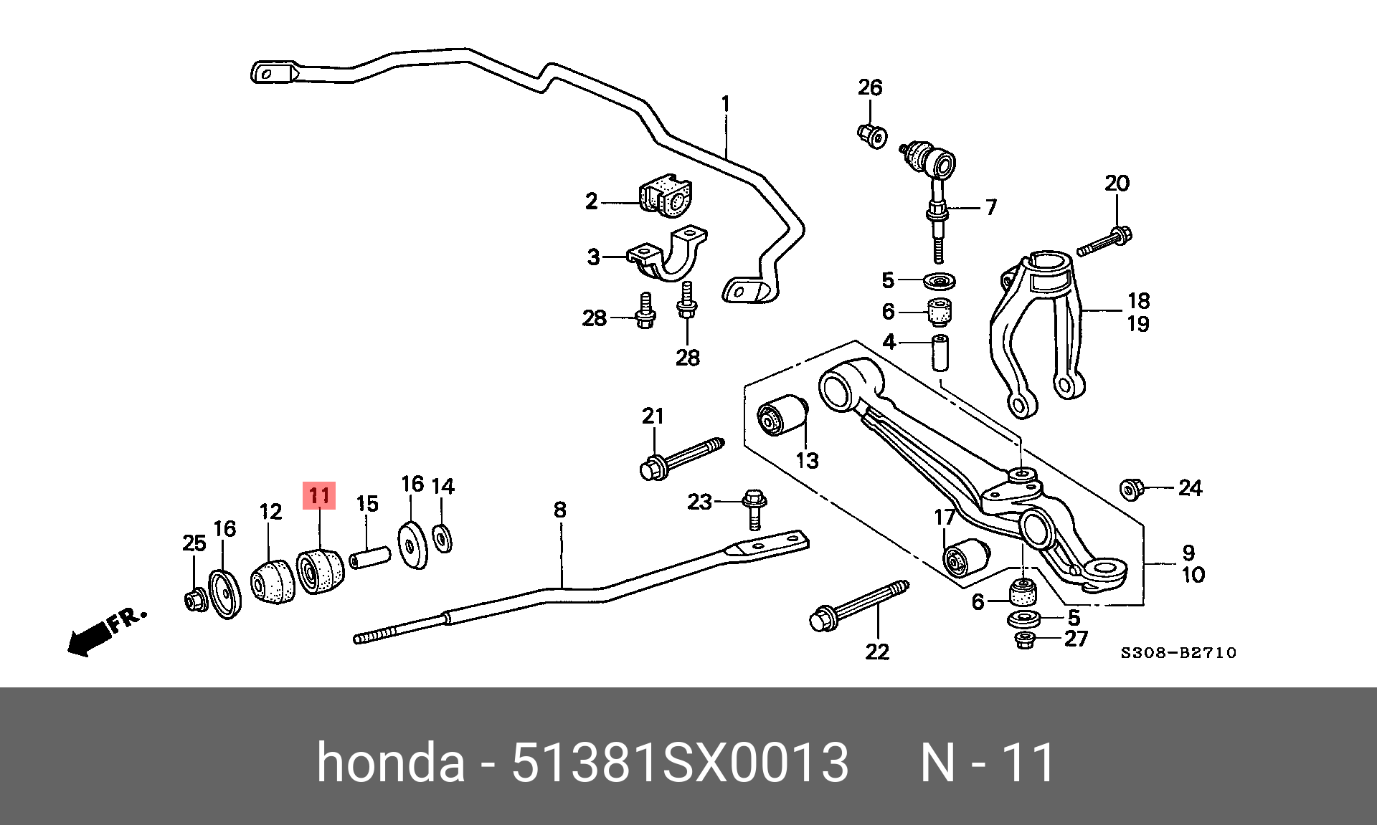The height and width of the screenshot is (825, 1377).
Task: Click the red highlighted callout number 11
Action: coord(319,496)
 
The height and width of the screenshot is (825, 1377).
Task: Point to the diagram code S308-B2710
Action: coord(1179,653)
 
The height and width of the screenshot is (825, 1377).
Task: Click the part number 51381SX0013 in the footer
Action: coord(679,763)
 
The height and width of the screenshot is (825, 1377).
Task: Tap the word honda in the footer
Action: coord(391,763)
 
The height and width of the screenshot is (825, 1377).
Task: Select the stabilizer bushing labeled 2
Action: coord(167,196)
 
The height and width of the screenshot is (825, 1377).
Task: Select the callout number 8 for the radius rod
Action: coord(560,510)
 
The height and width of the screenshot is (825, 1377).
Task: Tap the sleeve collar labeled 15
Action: coord(369,557)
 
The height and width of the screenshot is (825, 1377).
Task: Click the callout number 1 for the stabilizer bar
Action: coord(725,105)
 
